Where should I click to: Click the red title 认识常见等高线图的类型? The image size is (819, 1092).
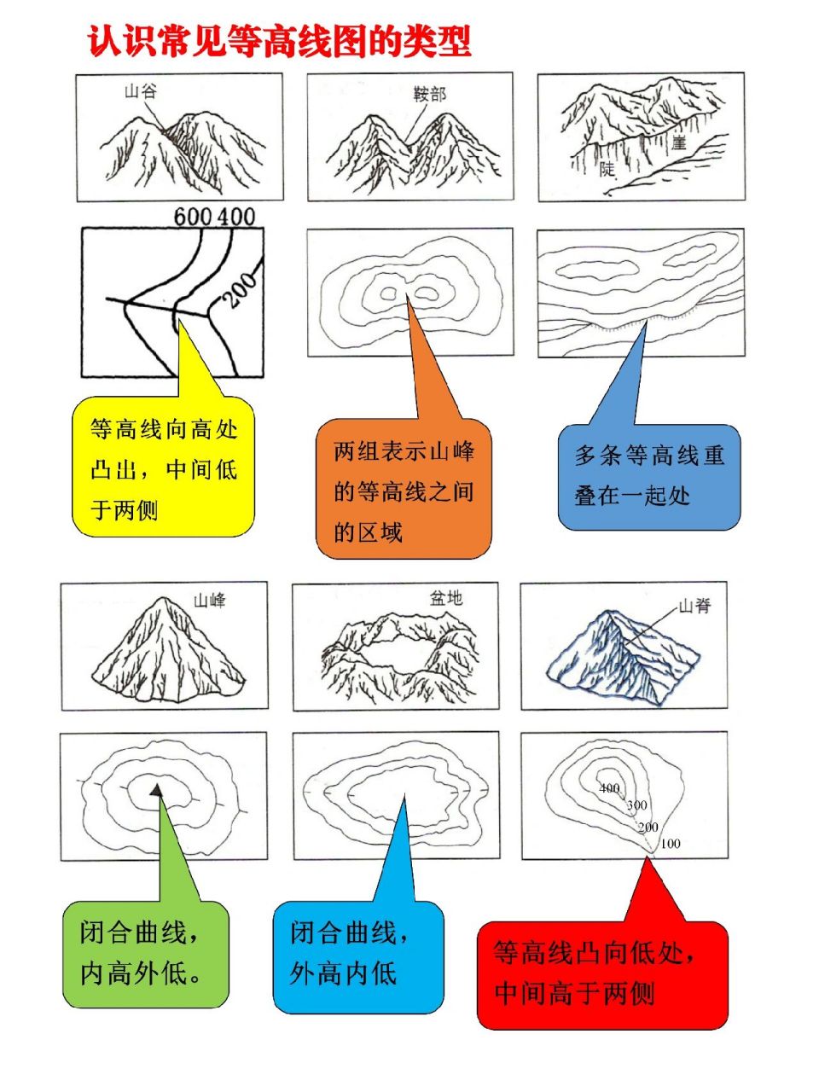pyautogui.click(x=279, y=41)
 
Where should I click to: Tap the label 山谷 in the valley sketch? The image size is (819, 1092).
pyautogui.click(x=141, y=91)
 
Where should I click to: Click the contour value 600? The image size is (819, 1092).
pyautogui.click(x=193, y=217)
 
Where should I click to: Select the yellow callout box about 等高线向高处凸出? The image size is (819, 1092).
pyautogui.click(x=163, y=468)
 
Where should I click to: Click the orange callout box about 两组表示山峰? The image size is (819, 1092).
pyautogui.click(x=404, y=491)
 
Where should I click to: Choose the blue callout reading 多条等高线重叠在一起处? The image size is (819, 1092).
pyautogui.click(x=648, y=476)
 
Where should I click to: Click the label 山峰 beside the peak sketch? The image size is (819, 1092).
pyautogui.click(x=210, y=600)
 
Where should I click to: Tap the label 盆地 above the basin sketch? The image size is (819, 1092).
pyautogui.click(x=445, y=598)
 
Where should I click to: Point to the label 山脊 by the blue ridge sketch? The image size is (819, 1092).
pyautogui.click(x=694, y=607)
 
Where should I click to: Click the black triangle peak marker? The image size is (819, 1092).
pyautogui.click(x=156, y=791)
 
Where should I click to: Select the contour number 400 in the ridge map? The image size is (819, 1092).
pyautogui.click(x=609, y=788)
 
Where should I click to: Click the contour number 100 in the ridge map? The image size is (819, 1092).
pyautogui.click(x=671, y=844)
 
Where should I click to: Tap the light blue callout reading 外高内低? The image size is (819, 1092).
pyautogui.click(x=357, y=954)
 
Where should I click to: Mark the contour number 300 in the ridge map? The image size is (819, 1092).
pyautogui.click(x=636, y=805)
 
